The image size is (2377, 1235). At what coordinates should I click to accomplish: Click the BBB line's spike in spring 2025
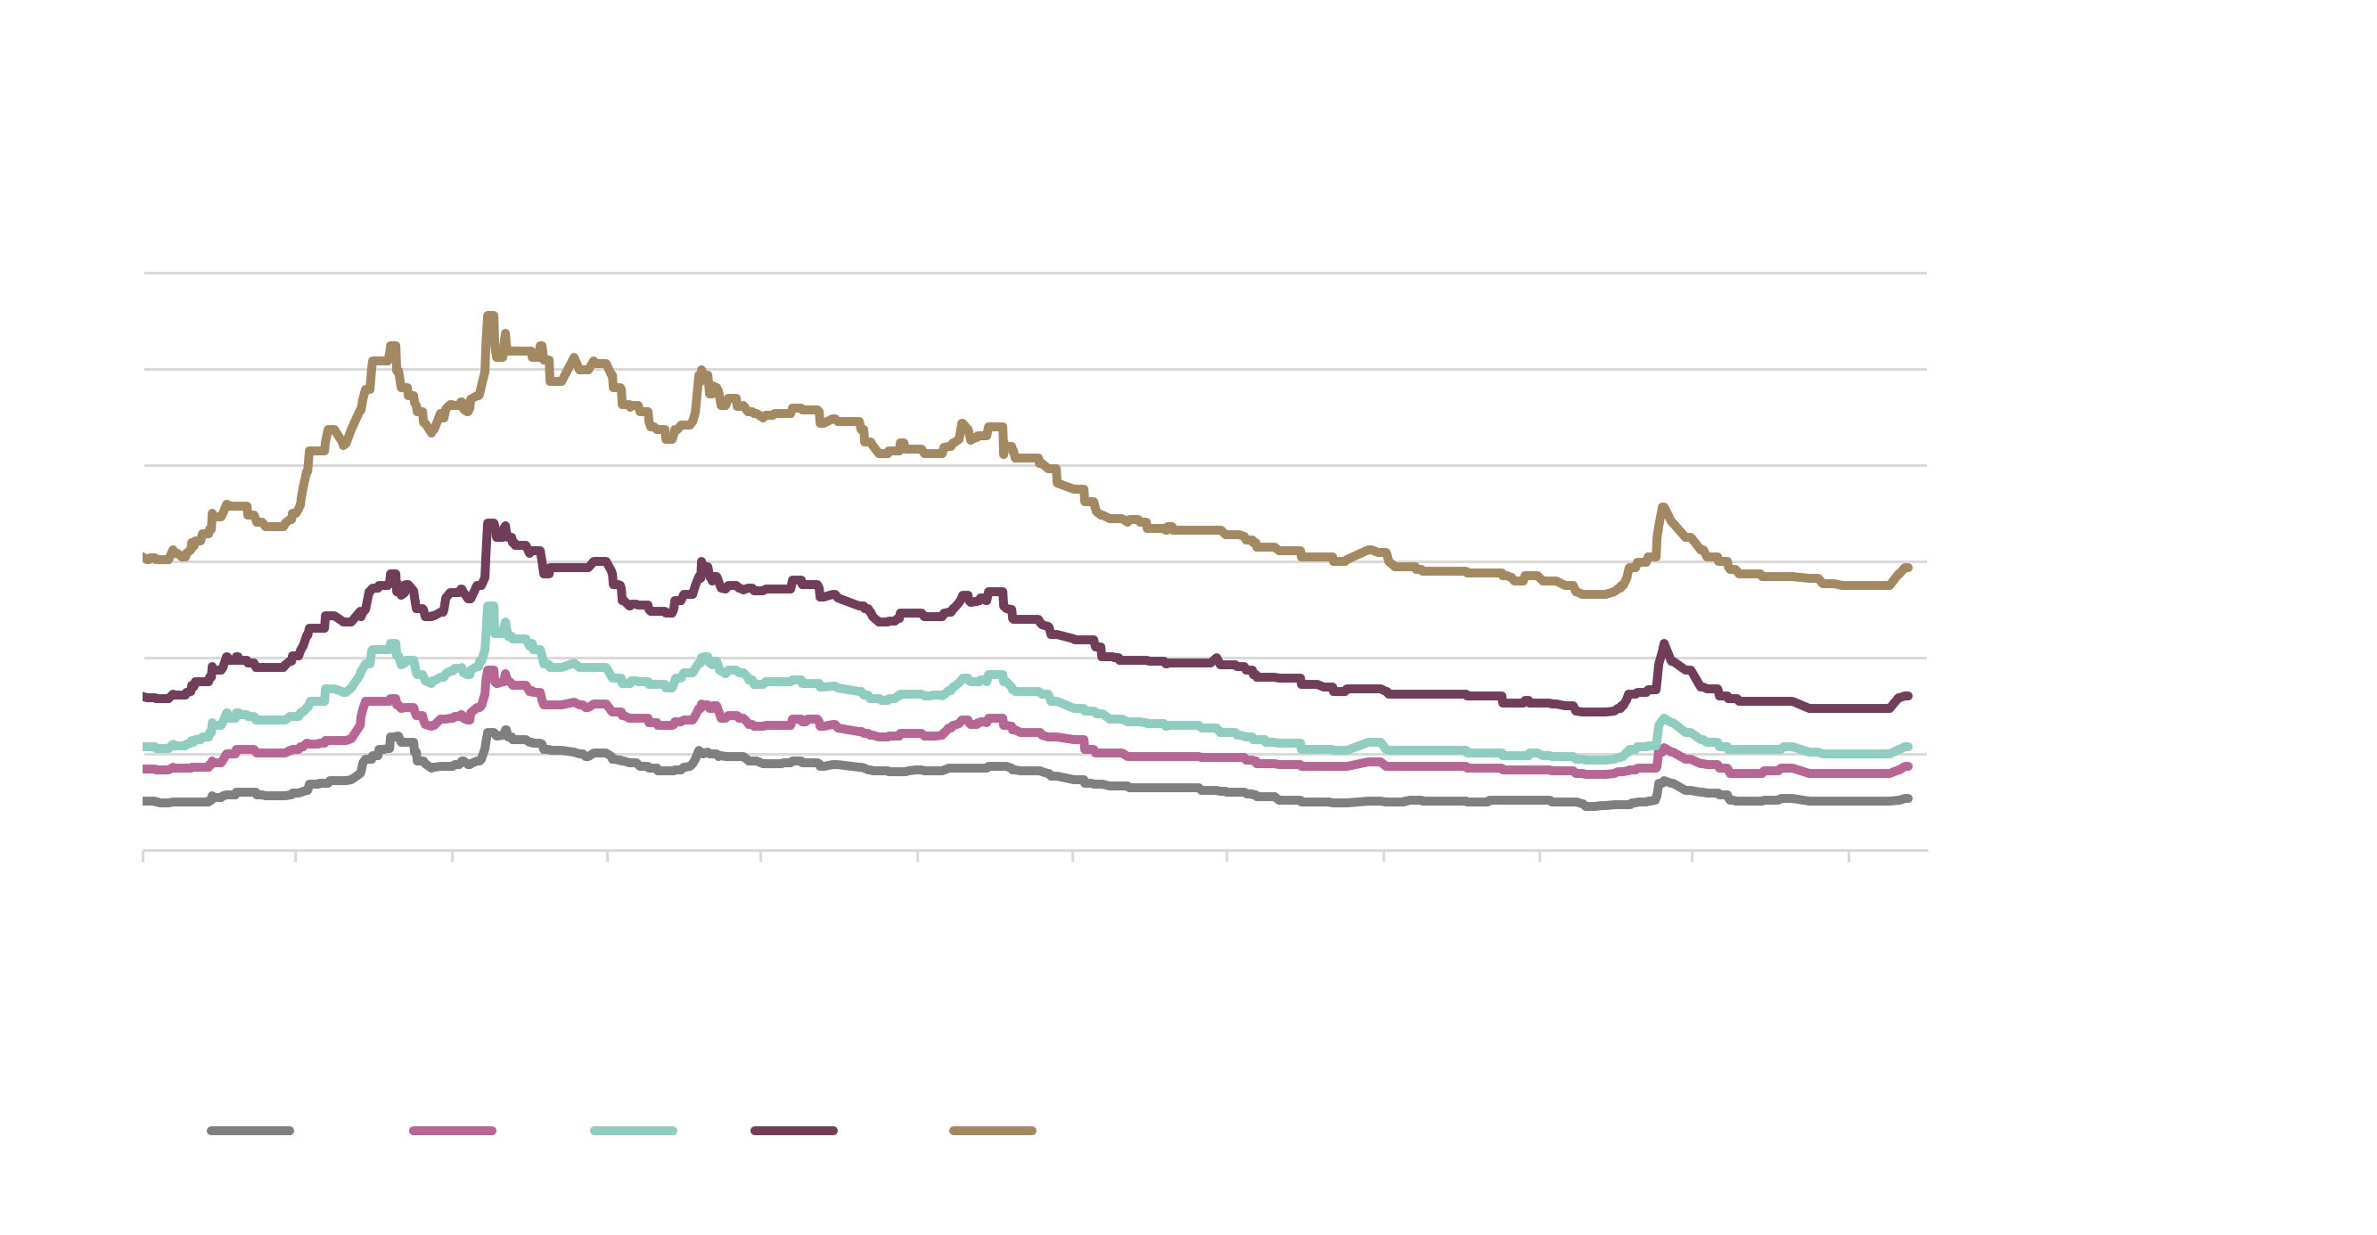click(x=1664, y=645)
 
